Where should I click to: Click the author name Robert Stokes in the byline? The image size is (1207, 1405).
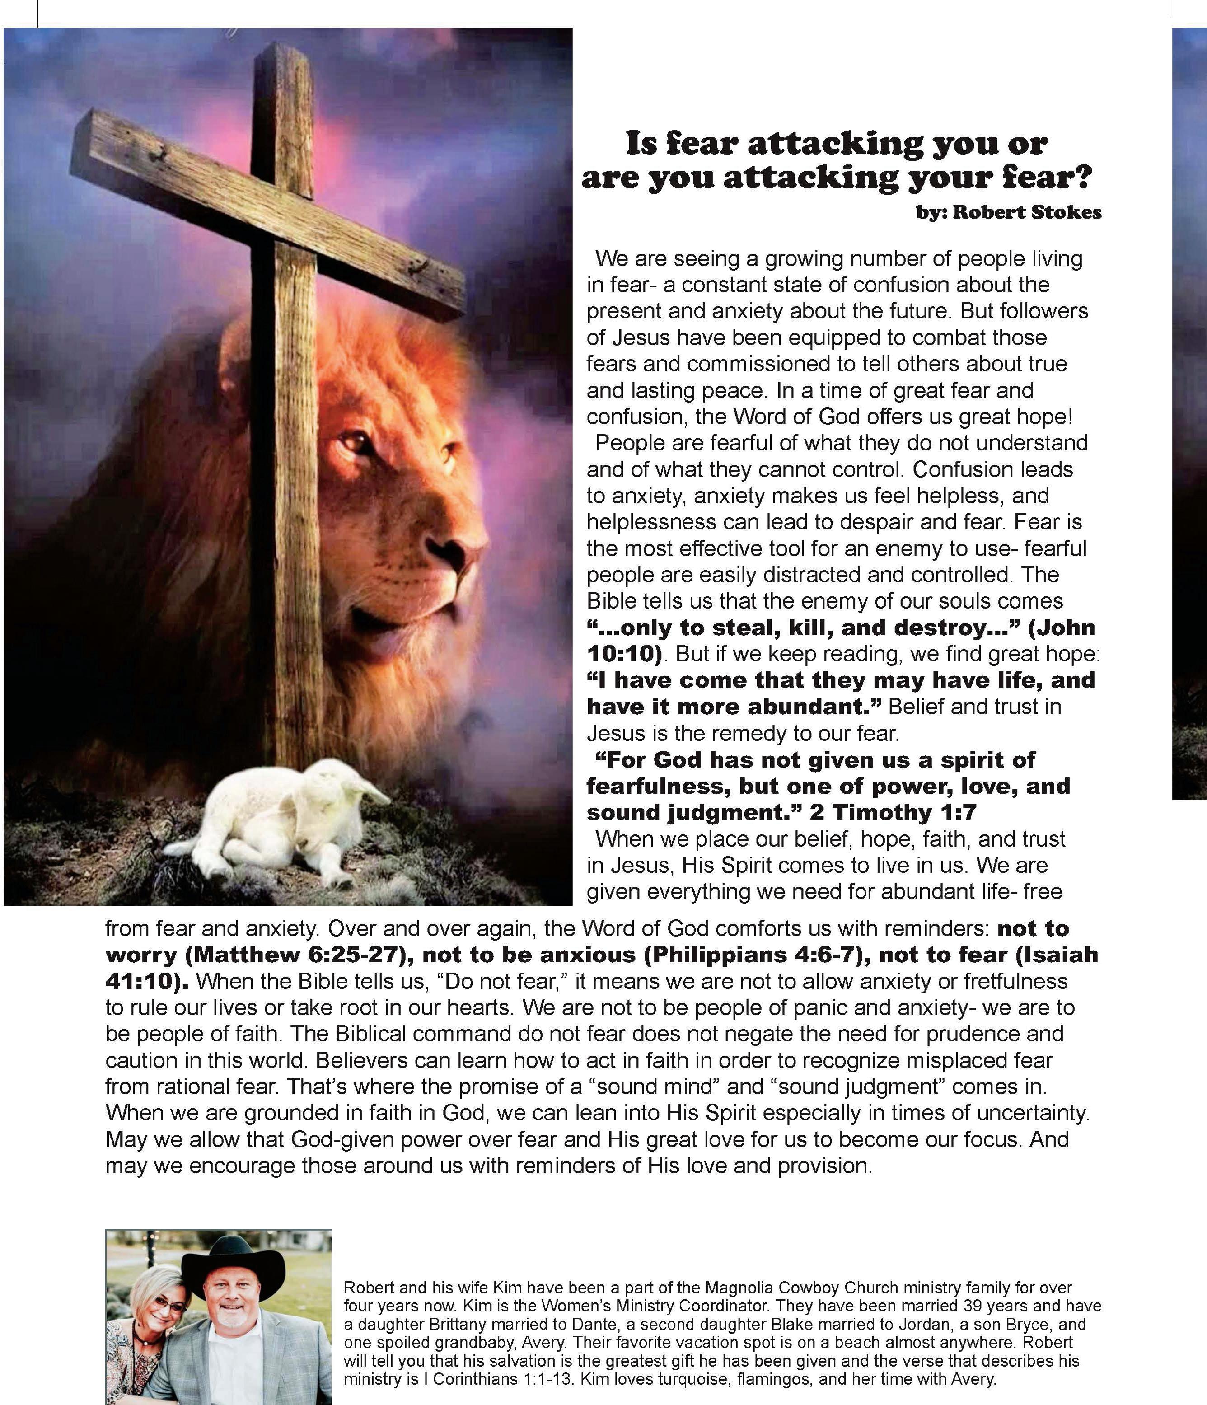(1027, 213)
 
